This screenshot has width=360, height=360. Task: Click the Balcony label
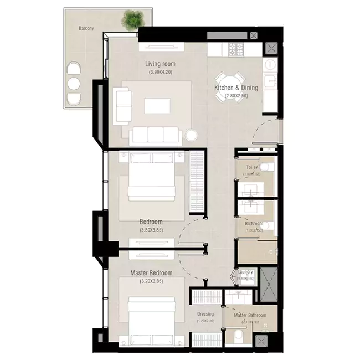point(85,28)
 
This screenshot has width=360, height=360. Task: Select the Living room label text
point(160,64)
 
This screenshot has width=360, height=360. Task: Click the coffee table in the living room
point(160,105)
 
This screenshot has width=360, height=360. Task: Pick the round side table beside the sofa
point(192,135)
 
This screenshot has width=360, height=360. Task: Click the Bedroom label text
point(151,222)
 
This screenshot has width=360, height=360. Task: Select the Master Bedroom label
point(151,273)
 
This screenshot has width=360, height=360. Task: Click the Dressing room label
point(205,315)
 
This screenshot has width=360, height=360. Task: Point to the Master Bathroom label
point(250,316)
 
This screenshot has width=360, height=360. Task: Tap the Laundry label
point(245,272)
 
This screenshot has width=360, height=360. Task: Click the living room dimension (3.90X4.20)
point(160,72)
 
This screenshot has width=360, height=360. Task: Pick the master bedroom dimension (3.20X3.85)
point(151,281)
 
